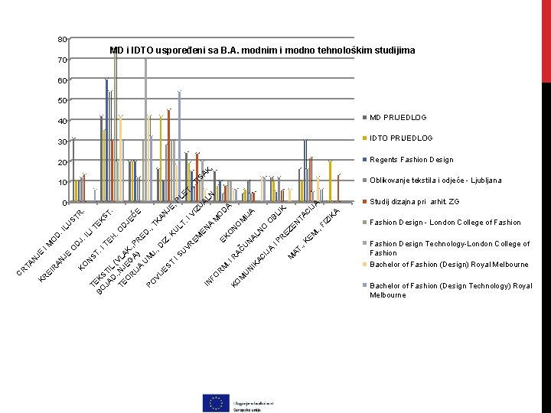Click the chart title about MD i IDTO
pyautogui.click(x=262, y=50)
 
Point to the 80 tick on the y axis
pyautogui.click(x=62, y=39)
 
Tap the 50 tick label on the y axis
pyautogui.click(x=62, y=100)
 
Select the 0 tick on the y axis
pyautogui.click(x=64, y=203)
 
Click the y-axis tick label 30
pyautogui.click(x=62, y=141)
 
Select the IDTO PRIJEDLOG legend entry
pyautogui.click(x=401, y=138)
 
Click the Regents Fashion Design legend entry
pyautogui.click(x=411, y=160)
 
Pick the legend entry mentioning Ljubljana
pyautogui.click(x=435, y=180)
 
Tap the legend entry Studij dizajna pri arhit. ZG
pyautogui.click(x=415, y=202)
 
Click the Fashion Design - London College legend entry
pyautogui.click(x=444, y=223)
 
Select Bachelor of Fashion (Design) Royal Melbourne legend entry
pyautogui.click(x=448, y=265)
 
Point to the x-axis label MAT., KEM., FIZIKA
pyautogui.click(x=313, y=232)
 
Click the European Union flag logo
pyautogui.click(x=217, y=402)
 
